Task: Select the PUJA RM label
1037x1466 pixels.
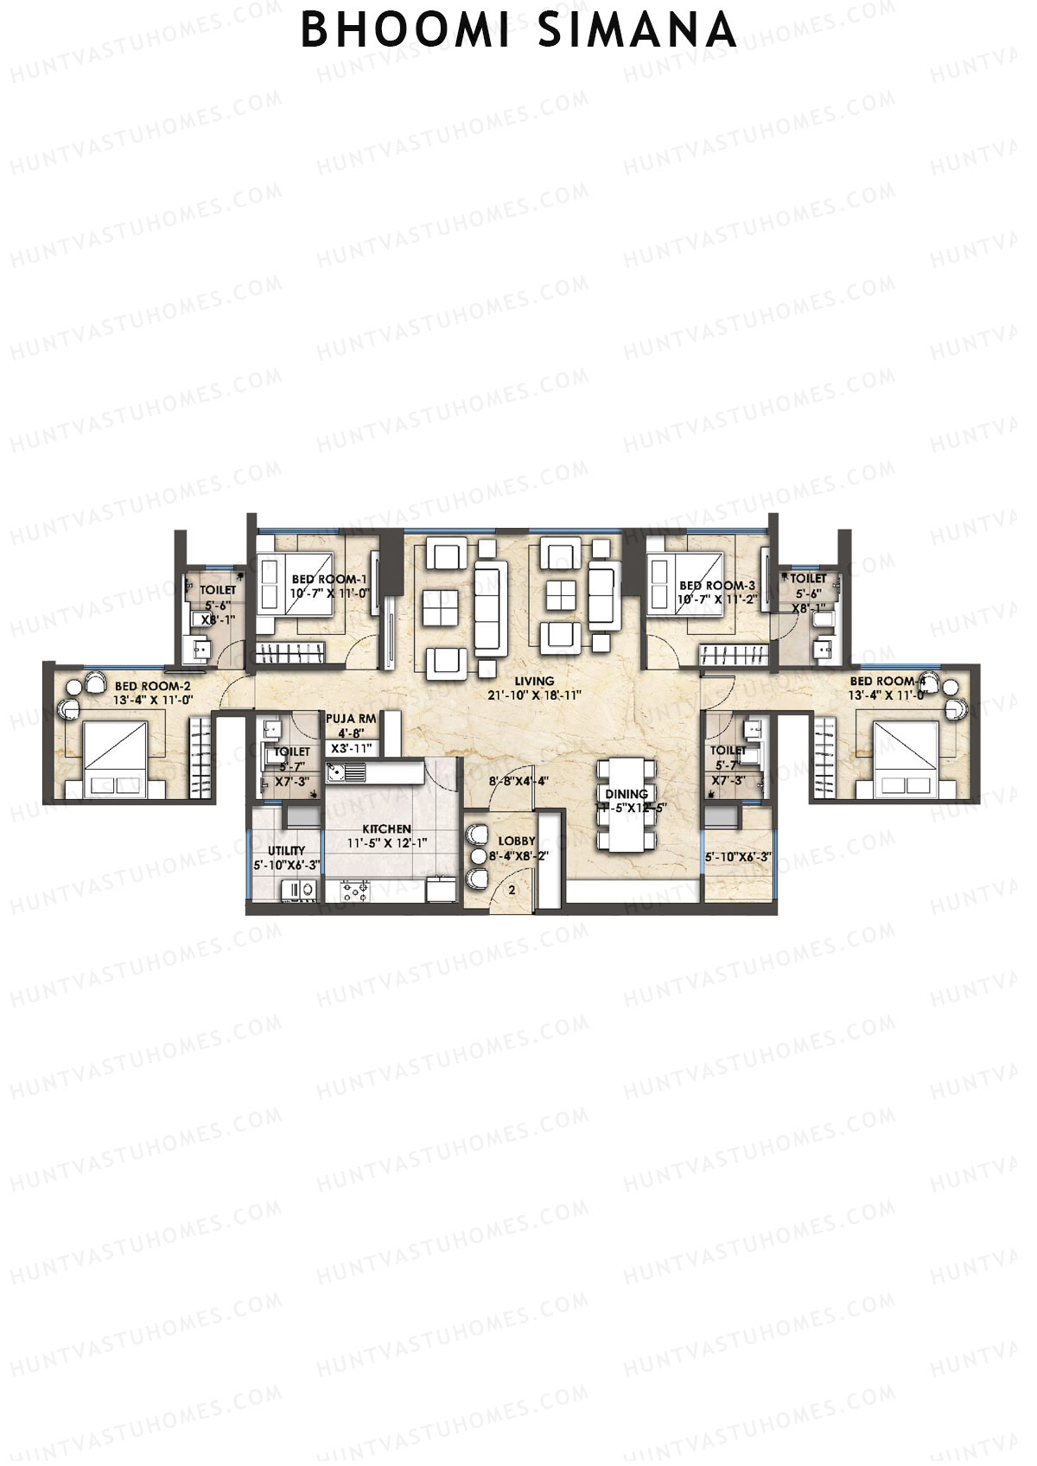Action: coord(350,718)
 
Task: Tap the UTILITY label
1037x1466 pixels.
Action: coord(286,850)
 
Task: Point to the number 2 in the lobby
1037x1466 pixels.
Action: coord(512,889)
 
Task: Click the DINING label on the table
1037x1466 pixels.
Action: coord(627,794)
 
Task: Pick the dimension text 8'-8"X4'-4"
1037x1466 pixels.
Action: coord(518,781)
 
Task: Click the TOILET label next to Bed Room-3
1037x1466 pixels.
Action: coord(808,578)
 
